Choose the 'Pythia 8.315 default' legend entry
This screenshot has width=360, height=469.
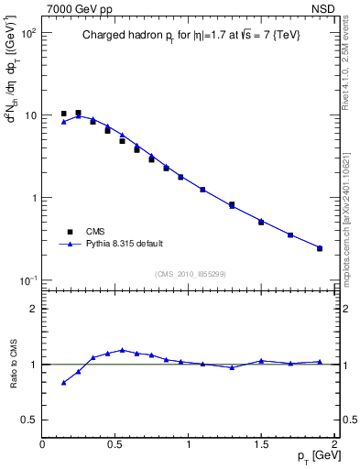click(x=125, y=244)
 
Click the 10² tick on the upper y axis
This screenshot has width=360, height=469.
click(x=27, y=33)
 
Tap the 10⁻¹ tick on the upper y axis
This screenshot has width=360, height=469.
click(x=27, y=280)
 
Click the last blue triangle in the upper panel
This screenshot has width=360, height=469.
click(x=320, y=248)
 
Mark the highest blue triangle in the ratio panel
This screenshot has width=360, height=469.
click(x=122, y=350)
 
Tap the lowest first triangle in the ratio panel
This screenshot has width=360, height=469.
click(x=63, y=383)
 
